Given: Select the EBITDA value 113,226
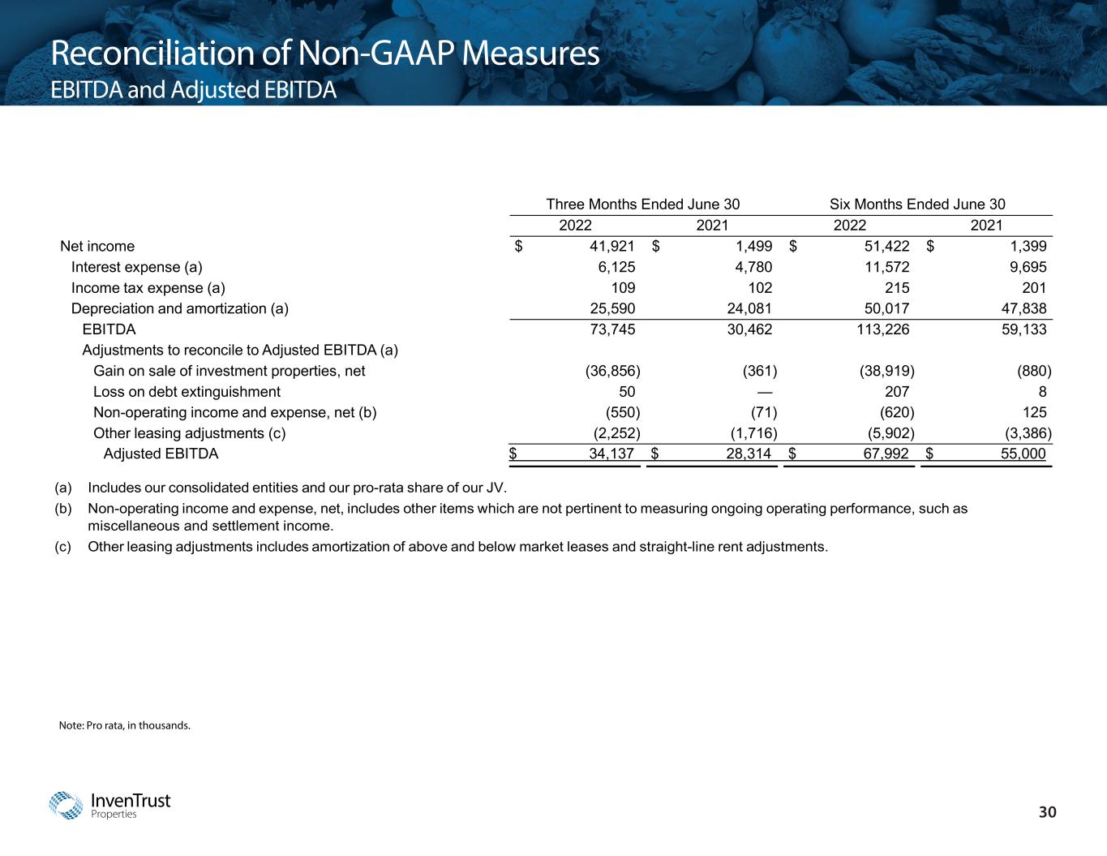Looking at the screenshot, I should pos(879,329).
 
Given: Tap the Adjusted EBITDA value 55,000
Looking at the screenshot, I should pos(1023,454).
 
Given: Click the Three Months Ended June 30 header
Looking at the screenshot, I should pos(642,204).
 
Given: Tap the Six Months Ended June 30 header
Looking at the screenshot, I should pos(917,204).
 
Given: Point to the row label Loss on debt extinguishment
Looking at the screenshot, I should pos(187,392).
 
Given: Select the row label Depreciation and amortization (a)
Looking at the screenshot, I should pos(180,308).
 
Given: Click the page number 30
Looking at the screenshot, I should pos(1049,812).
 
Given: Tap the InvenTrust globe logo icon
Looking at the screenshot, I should pos(66,805).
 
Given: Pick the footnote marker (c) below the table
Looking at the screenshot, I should pos(63,546).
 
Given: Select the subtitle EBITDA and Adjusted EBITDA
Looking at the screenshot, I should pos(193,90).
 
